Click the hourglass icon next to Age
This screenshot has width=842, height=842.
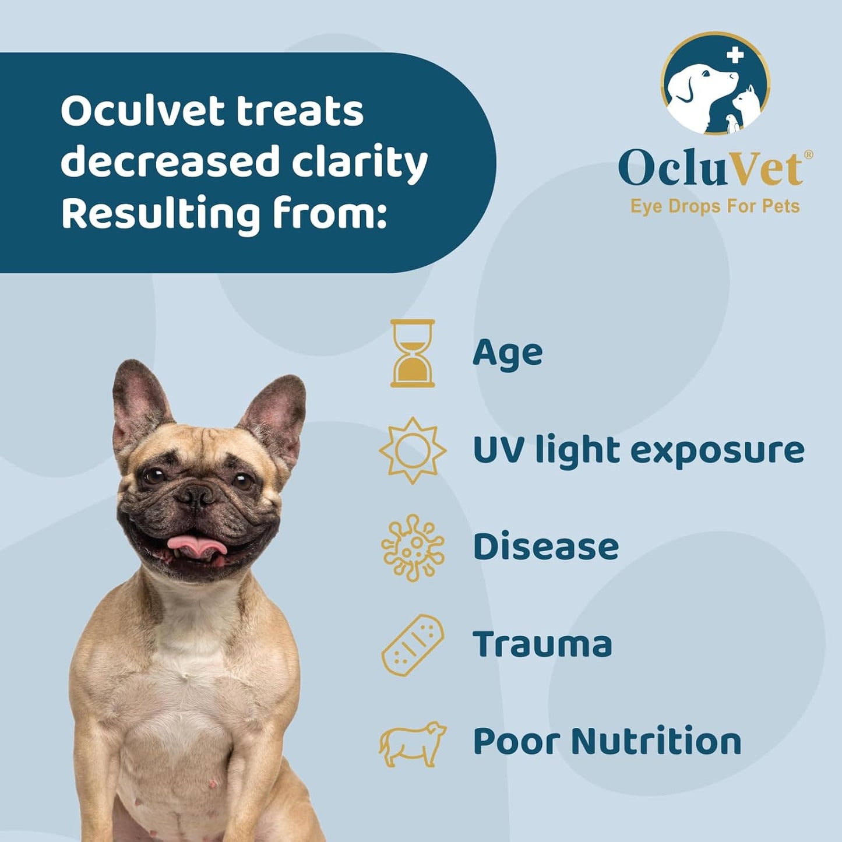(x=413, y=353)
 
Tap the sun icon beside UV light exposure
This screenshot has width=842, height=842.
(x=413, y=450)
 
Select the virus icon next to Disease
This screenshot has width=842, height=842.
(x=413, y=548)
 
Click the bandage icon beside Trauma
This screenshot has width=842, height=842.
(x=413, y=645)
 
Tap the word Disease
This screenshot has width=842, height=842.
(x=545, y=547)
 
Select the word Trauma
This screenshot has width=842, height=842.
(x=542, y=644)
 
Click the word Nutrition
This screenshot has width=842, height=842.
(x=656, y=741)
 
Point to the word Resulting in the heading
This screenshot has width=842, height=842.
(x=161, y=214)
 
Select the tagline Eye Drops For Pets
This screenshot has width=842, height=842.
(x=715, y=206)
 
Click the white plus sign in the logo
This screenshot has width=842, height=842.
(x=735, y=55)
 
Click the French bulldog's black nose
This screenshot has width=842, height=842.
(x=196, y=496)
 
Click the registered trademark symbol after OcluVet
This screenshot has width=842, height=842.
(x=808, y=154)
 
